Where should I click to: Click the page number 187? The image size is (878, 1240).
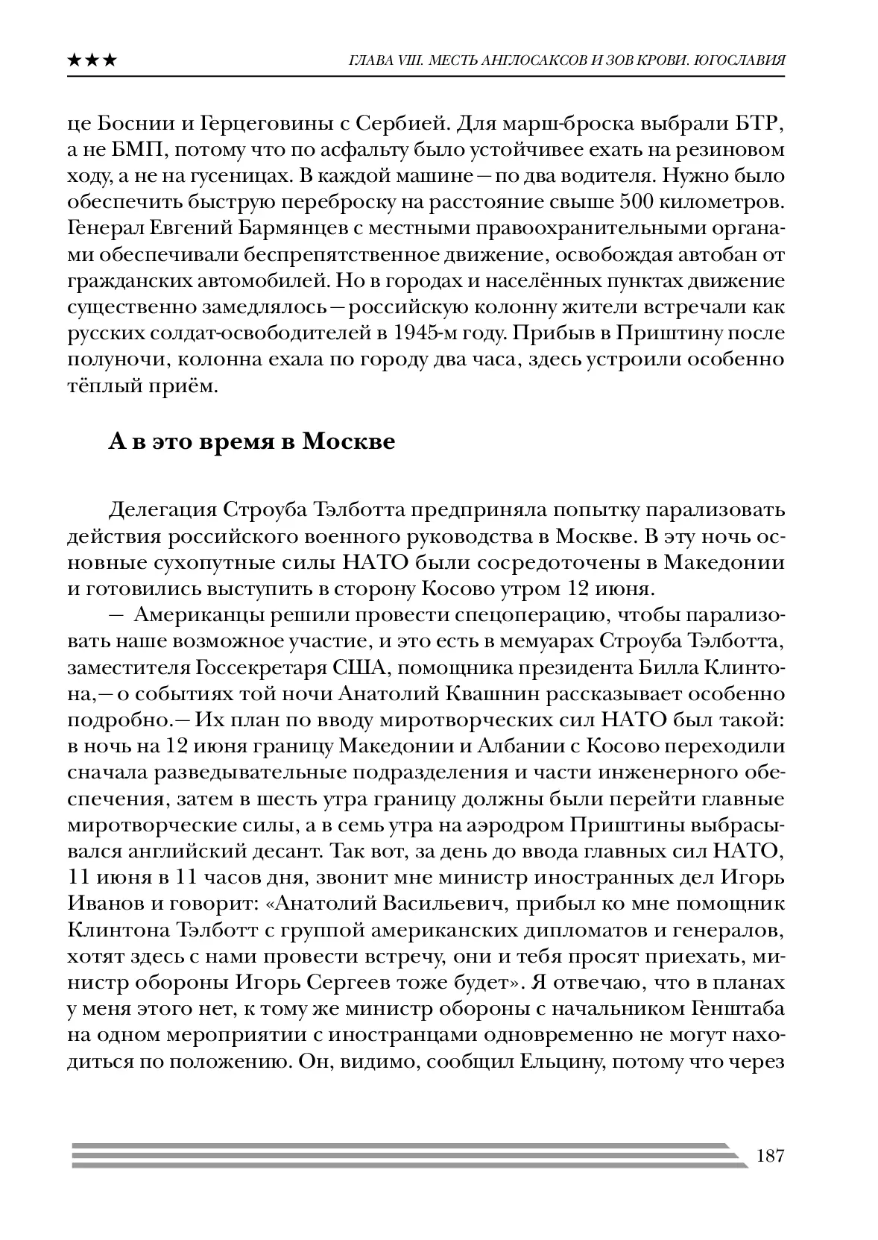pyautogui.click(x=769, y=1156)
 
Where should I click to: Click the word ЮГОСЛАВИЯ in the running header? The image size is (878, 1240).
pyautogui.click(x=738, y=60)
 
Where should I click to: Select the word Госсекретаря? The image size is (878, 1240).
pyautogui.click(x=260, y=667)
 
